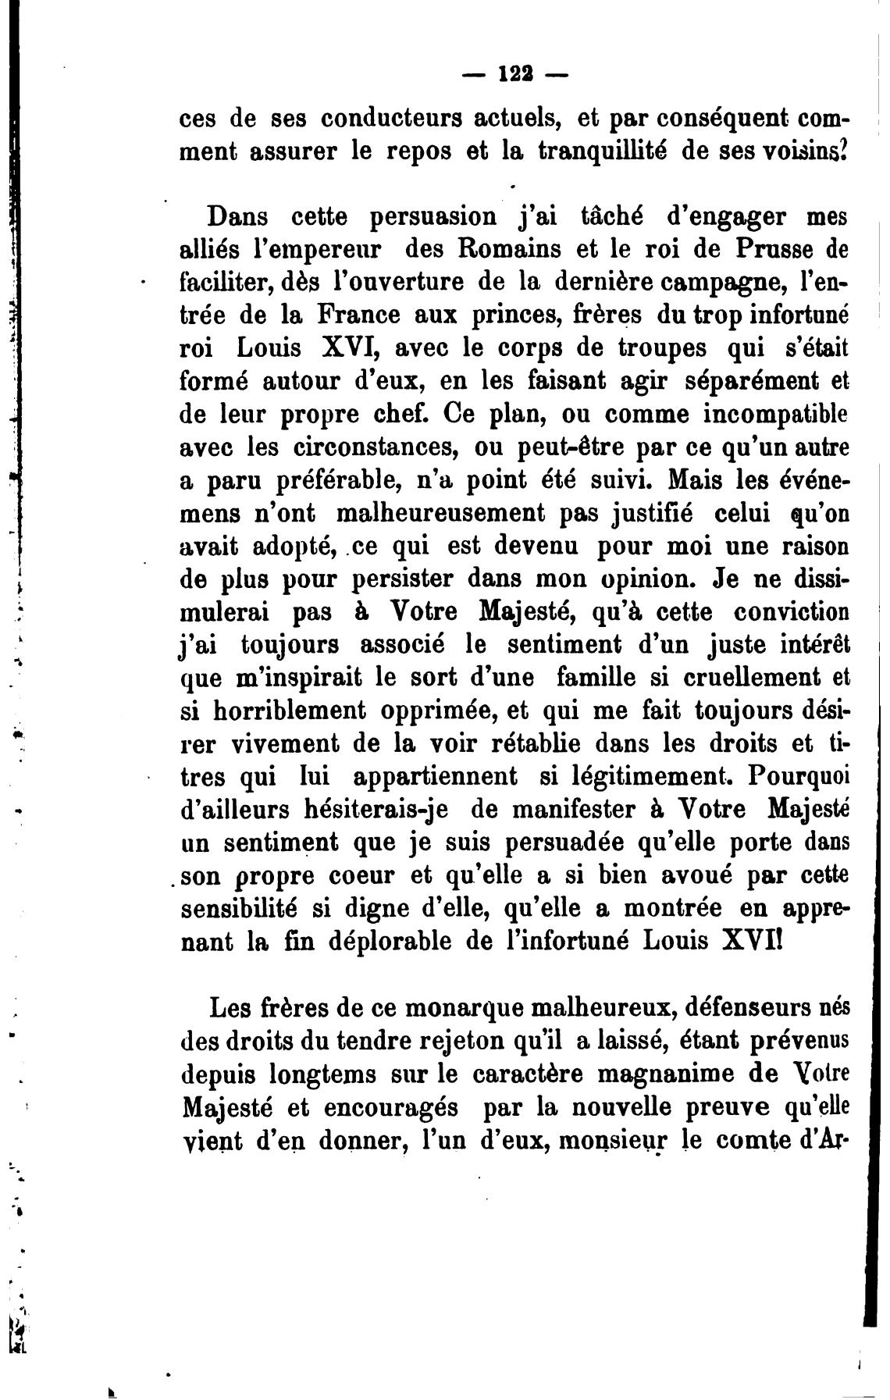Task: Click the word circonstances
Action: click(377, 448)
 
